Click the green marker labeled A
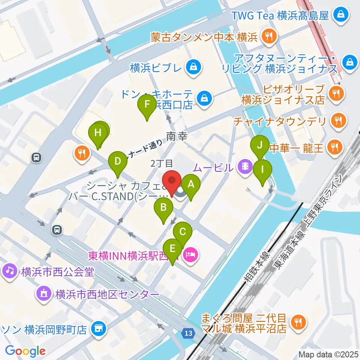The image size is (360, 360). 191,184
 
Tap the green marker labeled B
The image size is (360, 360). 163,207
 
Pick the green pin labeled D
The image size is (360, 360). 118,162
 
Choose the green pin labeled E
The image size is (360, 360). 173,249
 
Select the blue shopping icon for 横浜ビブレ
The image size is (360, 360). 194,68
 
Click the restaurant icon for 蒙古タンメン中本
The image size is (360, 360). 269,37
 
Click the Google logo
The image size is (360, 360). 25,351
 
